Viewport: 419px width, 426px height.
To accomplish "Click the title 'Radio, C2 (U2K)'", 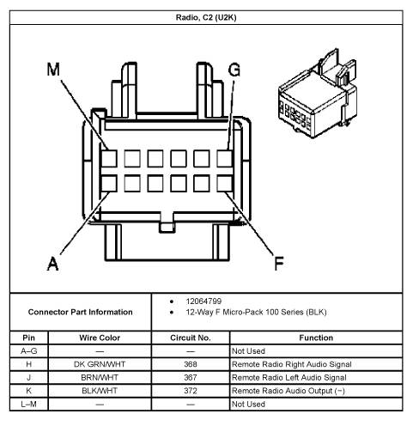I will click(209, 15).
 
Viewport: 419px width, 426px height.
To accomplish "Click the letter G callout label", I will click(234, 70).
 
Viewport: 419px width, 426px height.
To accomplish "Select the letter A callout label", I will click(53, 265).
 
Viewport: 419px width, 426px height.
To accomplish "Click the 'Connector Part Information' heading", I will click(80, 312).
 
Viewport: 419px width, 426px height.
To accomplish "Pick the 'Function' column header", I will click(322, 338).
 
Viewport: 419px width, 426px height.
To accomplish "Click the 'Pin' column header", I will click(27, 338).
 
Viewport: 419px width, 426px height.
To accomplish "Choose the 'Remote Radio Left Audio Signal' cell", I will click(288, 377).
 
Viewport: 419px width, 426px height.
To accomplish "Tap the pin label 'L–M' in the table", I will click(27, 403).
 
